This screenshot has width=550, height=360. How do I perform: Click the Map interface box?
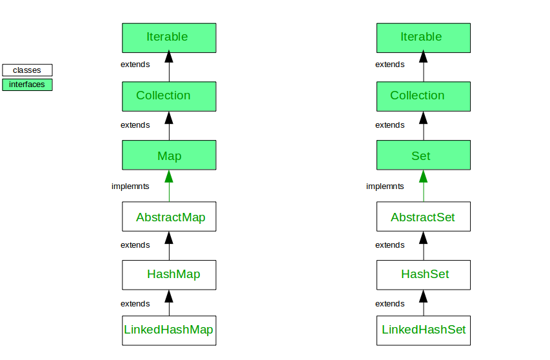tap(169, 155)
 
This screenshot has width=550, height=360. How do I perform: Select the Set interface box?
tap(423, 155)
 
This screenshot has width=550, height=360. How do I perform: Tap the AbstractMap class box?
tap(169, 217)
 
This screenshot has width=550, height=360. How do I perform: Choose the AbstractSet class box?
tap(423, 217)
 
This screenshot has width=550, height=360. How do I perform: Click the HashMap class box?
tap(169, 274)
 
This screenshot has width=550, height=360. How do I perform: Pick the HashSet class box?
tap(423, 274)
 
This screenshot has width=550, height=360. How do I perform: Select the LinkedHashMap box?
tap(169, 330)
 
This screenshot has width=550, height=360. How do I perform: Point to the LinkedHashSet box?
tap(423, 330)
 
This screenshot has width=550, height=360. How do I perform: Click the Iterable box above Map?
tap(169, 37)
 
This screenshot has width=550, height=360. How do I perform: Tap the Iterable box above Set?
tap(423, 37)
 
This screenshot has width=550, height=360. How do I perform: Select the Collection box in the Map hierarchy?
tap(169, 96)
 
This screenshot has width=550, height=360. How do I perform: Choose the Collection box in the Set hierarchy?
tap(423, 96)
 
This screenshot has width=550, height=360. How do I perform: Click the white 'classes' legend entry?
tap(27, 70)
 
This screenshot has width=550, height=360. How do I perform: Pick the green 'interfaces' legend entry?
tap(27, 85)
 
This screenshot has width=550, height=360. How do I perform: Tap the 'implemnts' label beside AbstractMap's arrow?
tap(130, 186)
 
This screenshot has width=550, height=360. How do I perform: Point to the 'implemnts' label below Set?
tap(385, 186)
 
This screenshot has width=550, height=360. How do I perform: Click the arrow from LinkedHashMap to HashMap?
tap(169, 303)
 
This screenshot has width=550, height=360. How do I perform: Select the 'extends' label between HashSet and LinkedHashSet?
tap(389, 304)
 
